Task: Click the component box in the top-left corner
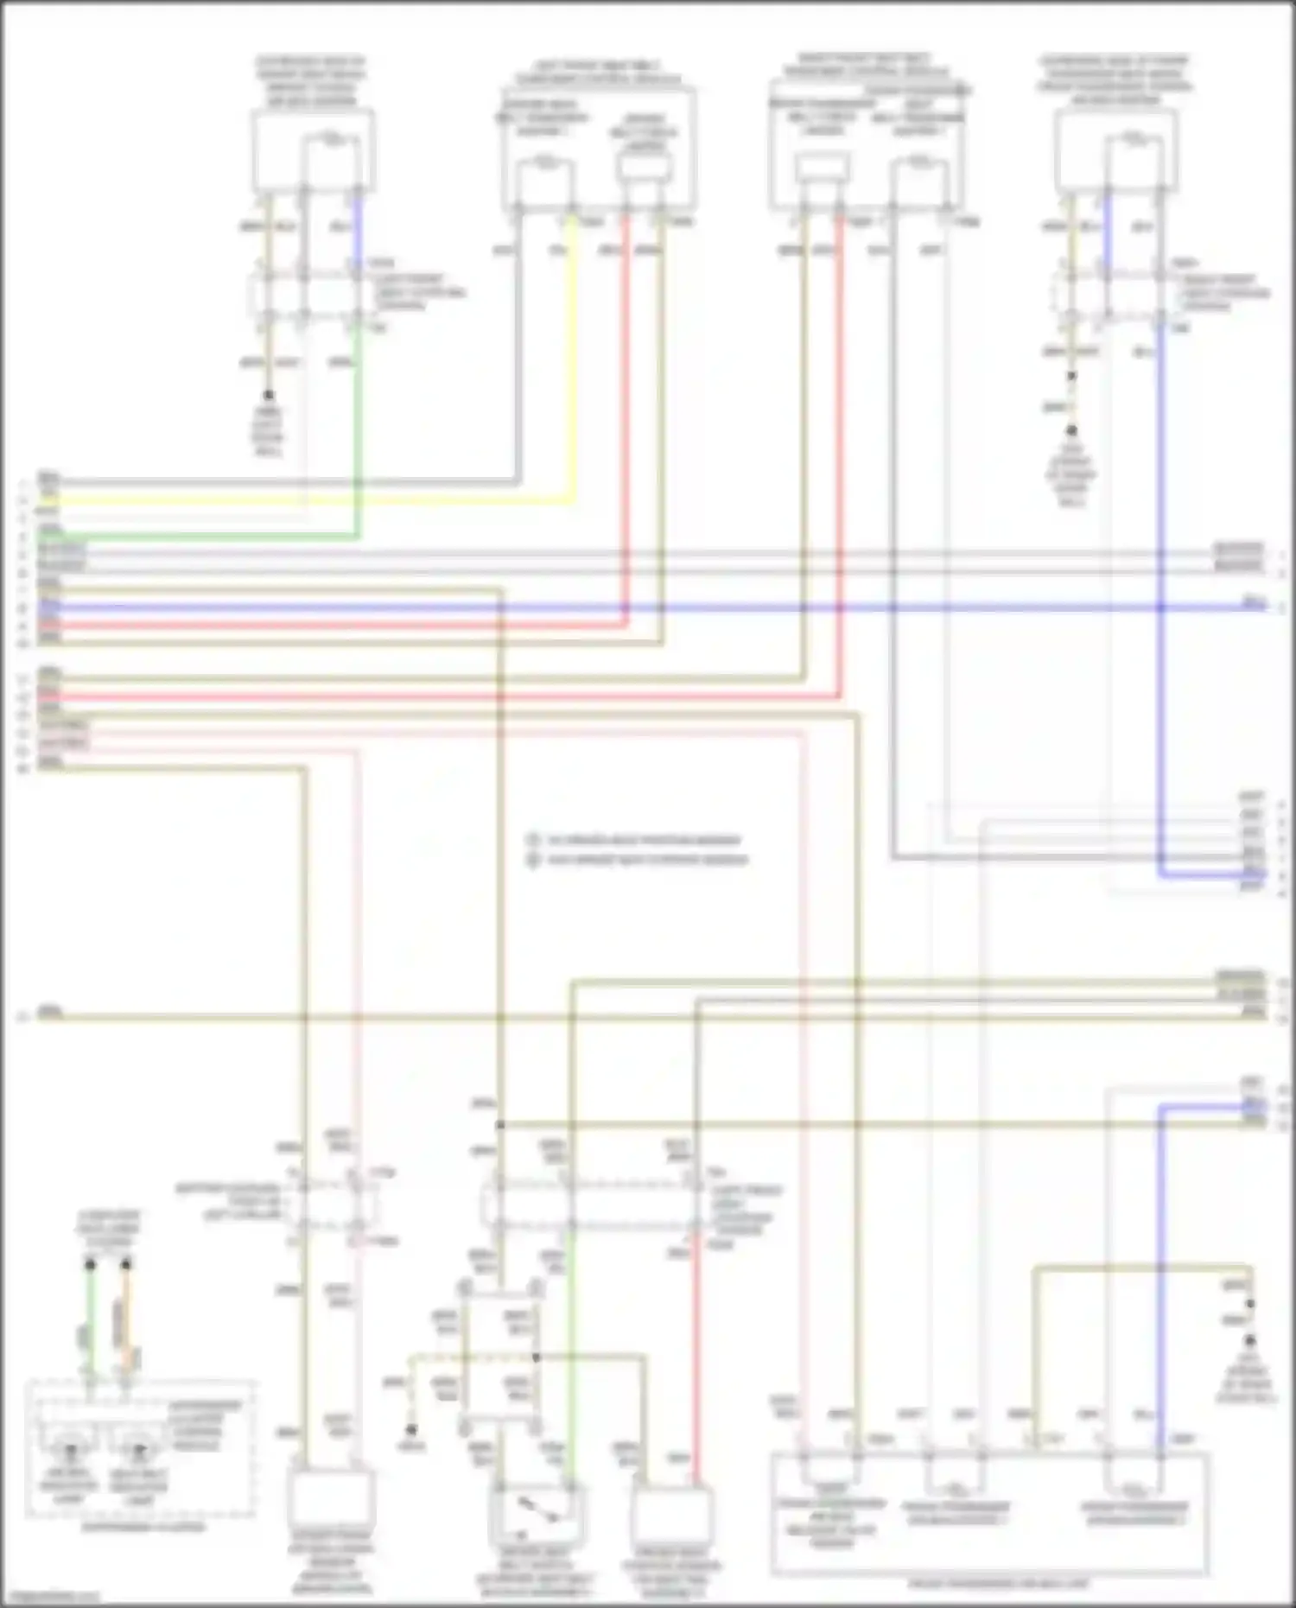point(313,150)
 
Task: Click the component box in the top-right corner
point(1115,150)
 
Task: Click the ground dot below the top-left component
point(269,395)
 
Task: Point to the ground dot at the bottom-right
point(1249,1341)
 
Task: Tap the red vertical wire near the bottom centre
point(696,1365)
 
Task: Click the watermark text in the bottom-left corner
point(50,1598)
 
